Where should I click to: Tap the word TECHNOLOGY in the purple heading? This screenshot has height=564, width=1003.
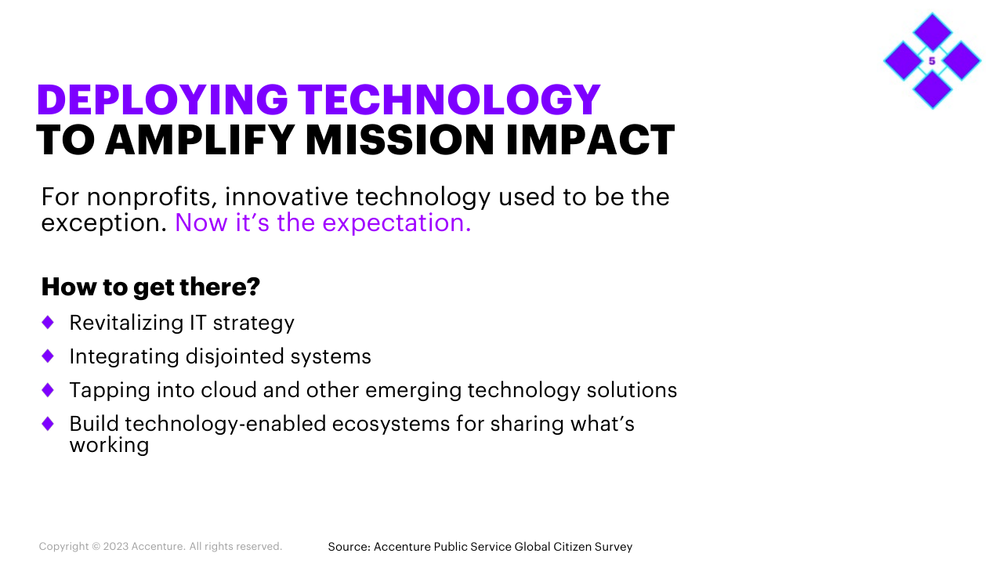coord(449,99)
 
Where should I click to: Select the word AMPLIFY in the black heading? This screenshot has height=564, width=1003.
coord(200,139)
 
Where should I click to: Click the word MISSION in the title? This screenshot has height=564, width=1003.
coord(400,139)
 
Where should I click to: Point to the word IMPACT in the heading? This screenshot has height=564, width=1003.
coord(590,139)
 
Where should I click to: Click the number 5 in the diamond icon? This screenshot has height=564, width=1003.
coord(932,61)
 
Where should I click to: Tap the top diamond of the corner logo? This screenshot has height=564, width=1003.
coord(932,32)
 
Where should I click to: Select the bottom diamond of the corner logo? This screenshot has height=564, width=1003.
coord(932,90)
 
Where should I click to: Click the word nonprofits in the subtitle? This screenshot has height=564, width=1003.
coord(152,197)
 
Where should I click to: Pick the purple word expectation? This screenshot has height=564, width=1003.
coord(396,223)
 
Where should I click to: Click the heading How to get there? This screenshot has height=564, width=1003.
coord(150,287)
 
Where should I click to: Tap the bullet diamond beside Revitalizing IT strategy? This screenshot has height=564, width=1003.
coord(48,322)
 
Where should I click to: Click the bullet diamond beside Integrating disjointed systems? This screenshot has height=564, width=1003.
coord(48,356)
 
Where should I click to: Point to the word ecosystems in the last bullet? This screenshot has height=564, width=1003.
coord(390,425)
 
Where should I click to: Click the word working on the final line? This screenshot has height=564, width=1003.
coord(109,446)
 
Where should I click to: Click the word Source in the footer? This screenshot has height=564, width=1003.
coord(349,547)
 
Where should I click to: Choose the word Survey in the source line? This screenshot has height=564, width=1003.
coord(614,547)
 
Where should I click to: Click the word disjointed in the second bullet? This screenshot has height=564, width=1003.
coord(234,356)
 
